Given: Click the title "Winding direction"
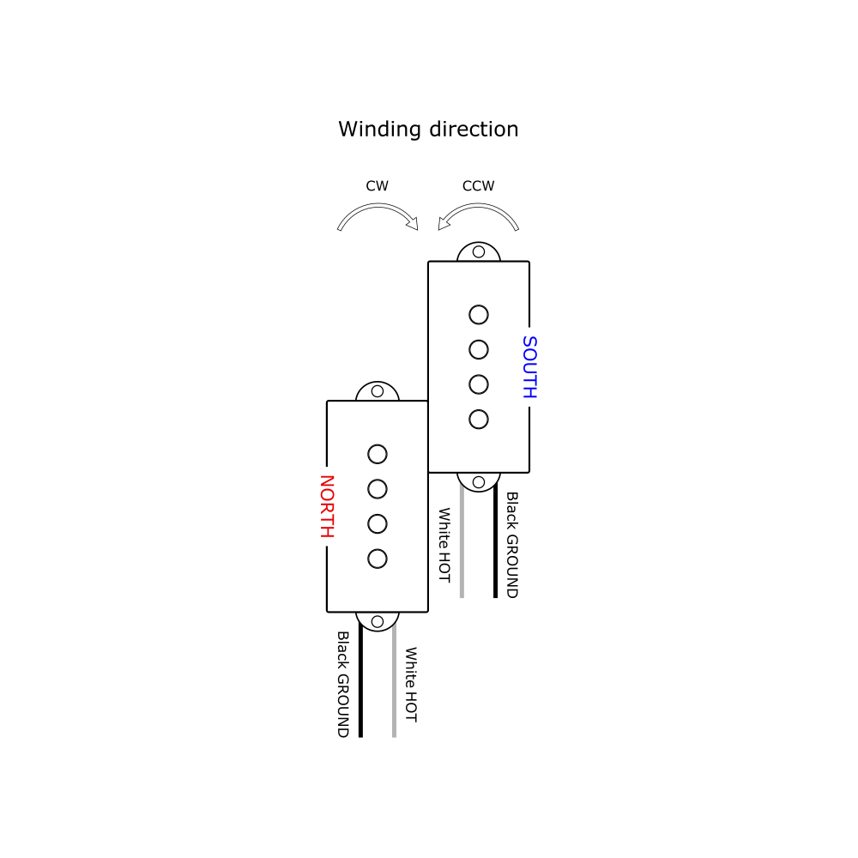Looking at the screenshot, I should (428, 130).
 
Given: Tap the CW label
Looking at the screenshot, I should (377, 185).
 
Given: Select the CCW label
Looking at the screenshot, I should (478, 185).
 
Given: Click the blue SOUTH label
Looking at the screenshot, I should (529, 367).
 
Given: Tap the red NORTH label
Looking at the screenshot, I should (326, 506).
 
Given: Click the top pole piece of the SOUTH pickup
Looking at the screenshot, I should (479, 315).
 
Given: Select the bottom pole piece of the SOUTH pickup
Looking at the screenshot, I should (479, 420).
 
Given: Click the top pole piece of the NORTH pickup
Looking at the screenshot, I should (378, 454).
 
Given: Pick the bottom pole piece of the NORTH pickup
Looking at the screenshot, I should (378, 559).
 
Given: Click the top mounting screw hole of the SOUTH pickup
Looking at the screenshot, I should (479, 252).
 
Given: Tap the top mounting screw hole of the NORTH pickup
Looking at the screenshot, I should (378, 391).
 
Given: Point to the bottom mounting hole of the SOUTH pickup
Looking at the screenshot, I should (479, 481).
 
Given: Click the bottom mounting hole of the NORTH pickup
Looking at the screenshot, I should (378, 620).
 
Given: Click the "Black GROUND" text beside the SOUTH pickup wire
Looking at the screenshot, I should (512, 544).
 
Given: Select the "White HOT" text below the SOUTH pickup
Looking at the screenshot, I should (444, 545).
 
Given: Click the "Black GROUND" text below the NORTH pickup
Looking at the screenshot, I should (342, 684).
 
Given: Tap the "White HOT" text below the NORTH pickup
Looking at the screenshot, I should (411, 684).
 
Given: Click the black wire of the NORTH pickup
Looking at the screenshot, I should (360, 686).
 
